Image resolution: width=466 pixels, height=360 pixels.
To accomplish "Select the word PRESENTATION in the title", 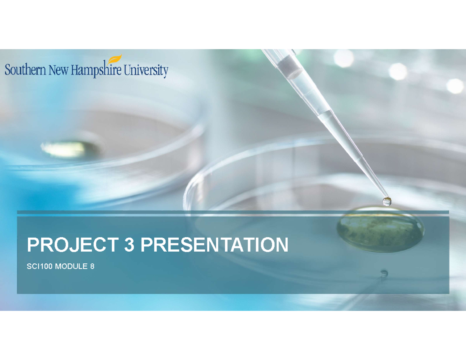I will click(x=214, y=245).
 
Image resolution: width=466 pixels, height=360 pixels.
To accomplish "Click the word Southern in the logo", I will click(x=24, y=71).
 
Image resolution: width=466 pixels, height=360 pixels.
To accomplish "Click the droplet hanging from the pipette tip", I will click(x=387, y=201).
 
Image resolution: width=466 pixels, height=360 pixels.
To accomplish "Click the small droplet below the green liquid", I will click(x=384, y=273).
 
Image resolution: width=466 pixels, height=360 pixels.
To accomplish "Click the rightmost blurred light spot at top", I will click(x=455, y=86).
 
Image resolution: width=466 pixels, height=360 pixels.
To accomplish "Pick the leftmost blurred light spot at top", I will click(x=344, y=58).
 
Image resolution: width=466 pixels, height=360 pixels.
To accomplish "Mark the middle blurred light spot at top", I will click(x=398, y=71).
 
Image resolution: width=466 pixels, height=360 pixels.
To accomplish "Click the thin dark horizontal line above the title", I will click(x=233, y=212).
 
